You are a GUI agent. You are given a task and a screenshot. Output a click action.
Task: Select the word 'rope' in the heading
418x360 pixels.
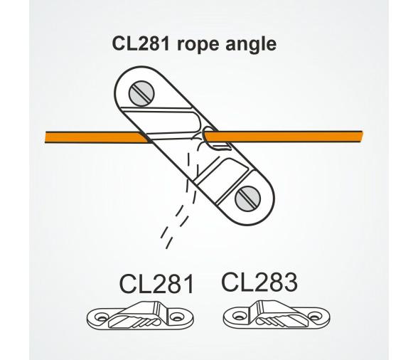tap(202, 45)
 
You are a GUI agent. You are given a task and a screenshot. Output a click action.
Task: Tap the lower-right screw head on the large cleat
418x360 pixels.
tap(249, 194)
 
